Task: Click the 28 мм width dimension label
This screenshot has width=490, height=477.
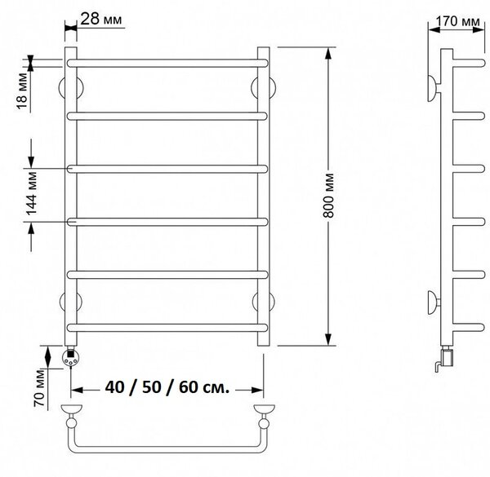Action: pyautogui.click(x=101, y=19)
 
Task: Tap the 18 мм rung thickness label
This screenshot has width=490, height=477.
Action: pyautogui.click(x=23, y=91)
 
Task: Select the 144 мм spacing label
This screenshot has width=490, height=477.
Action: pyautogui.click(x=32, y=193)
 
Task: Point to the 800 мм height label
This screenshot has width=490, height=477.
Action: pyautogui.click(x=328, y=196)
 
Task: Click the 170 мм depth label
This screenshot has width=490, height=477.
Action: pyautogui.click(x=457, y=21)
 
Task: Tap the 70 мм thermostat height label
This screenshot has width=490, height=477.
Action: pyautogui.click(x=40, y=388)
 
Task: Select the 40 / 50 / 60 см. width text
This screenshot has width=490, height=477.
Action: pyautogui.click(x=167, y=387)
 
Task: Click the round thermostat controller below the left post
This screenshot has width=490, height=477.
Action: pyautogui.click(x=71, y=357)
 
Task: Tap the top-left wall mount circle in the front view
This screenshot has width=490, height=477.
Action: pyautogui.click(x=71, y=88)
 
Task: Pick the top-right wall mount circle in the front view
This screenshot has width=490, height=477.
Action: pyautogui.click(x=264, y=88)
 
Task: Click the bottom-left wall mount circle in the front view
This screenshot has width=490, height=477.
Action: pyautogui.click(x=71, y=302)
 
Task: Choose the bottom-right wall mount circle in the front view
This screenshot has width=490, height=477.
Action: pyautogui.click(x=264, y=302)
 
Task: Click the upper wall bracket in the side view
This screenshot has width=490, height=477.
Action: pyautogui.click(x=434, y=88)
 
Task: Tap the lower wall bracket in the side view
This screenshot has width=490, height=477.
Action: pyautogui.click(x=434, y=302)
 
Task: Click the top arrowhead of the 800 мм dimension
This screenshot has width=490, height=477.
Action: pyautogui.click(x=327, y=54)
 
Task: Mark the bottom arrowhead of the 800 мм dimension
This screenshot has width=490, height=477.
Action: pyautogui.click(x=327, y=339)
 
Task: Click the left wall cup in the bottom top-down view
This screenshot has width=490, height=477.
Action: pyautogui.click(x=72, y=409)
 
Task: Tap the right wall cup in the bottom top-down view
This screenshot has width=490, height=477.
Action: pyautogui.click(x=264, y=409)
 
